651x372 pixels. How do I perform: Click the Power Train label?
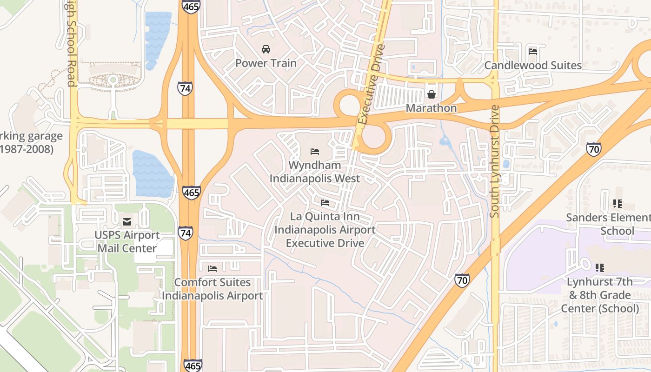(266, 63)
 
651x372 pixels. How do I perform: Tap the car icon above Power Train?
(266, 49)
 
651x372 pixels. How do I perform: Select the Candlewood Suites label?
(533, 65)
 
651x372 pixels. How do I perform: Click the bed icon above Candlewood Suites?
(533, 51)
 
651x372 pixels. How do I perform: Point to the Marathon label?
(431, 108)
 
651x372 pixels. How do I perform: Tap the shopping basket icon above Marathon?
(432, 94)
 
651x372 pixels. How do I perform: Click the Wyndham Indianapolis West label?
(315, 172)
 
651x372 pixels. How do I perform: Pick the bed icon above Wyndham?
(315, 151)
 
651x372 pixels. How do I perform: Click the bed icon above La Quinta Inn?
(325, 203)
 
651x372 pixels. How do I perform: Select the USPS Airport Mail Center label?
(127, 241)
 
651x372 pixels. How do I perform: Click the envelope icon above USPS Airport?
(126, 221)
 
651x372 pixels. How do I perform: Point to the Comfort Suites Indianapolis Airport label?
(212, 289)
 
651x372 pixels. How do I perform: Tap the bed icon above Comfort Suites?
(213, 268)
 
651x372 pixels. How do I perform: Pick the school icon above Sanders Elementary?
(618, 203)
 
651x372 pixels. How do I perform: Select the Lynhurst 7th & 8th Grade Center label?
(600, 295)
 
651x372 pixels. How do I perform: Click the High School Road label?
(71, 44)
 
